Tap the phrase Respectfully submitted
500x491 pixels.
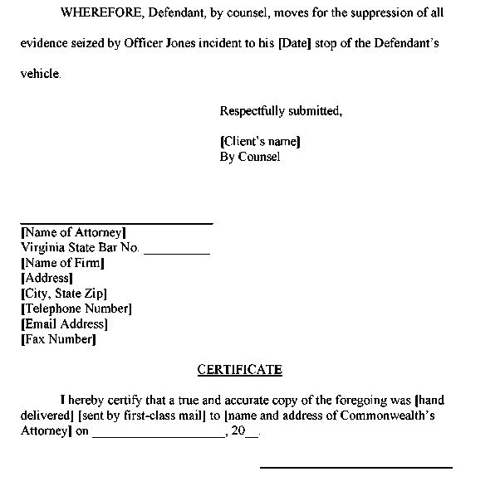click(x=281, y=111)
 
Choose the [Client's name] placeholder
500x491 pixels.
click(x=260, y=142)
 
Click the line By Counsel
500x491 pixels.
click(x=250, y=156)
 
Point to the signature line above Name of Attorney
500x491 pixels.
click(x=116, y=223)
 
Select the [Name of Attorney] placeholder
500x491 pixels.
click(x=73, y=233)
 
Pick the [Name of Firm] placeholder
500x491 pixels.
click(x=63, y=263)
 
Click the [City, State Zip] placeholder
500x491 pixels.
click(x=64, y=294)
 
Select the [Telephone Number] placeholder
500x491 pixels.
click(x=76, y=309)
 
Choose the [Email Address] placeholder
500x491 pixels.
click(x=65, y=324)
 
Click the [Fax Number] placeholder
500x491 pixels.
click(x=58, y=339)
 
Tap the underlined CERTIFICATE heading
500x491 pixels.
click(x=239, y=370)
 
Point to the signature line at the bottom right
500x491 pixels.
click(x=356, y=468)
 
